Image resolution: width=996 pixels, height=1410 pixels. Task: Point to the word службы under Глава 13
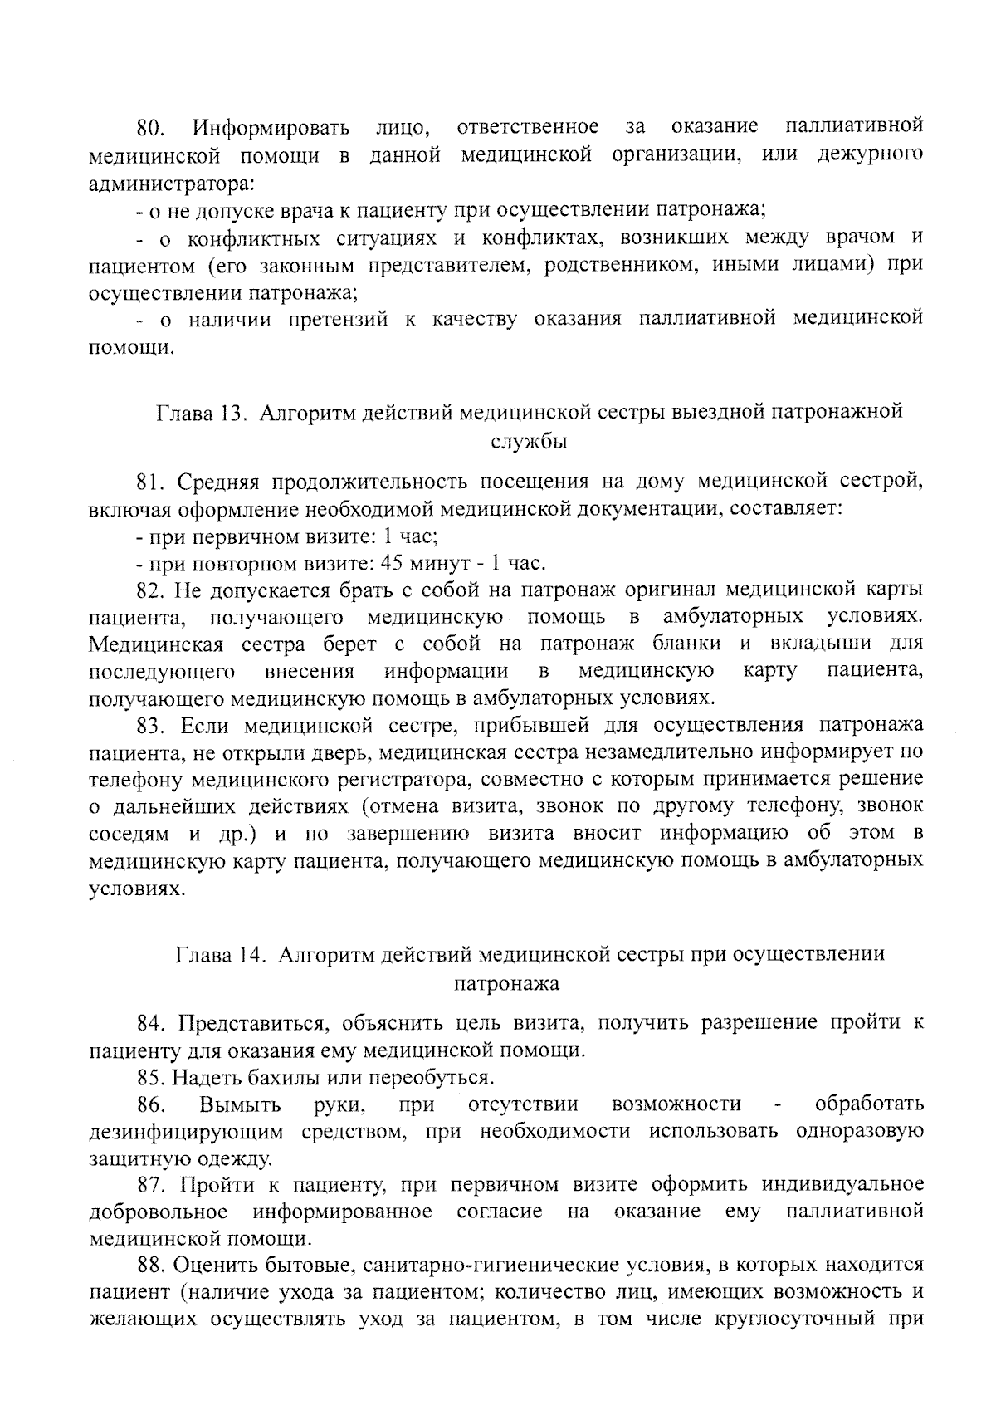point(530,441)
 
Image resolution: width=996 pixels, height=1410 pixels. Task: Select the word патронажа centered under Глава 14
point(506,984)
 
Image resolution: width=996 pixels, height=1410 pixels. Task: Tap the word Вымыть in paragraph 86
point(240,1105)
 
